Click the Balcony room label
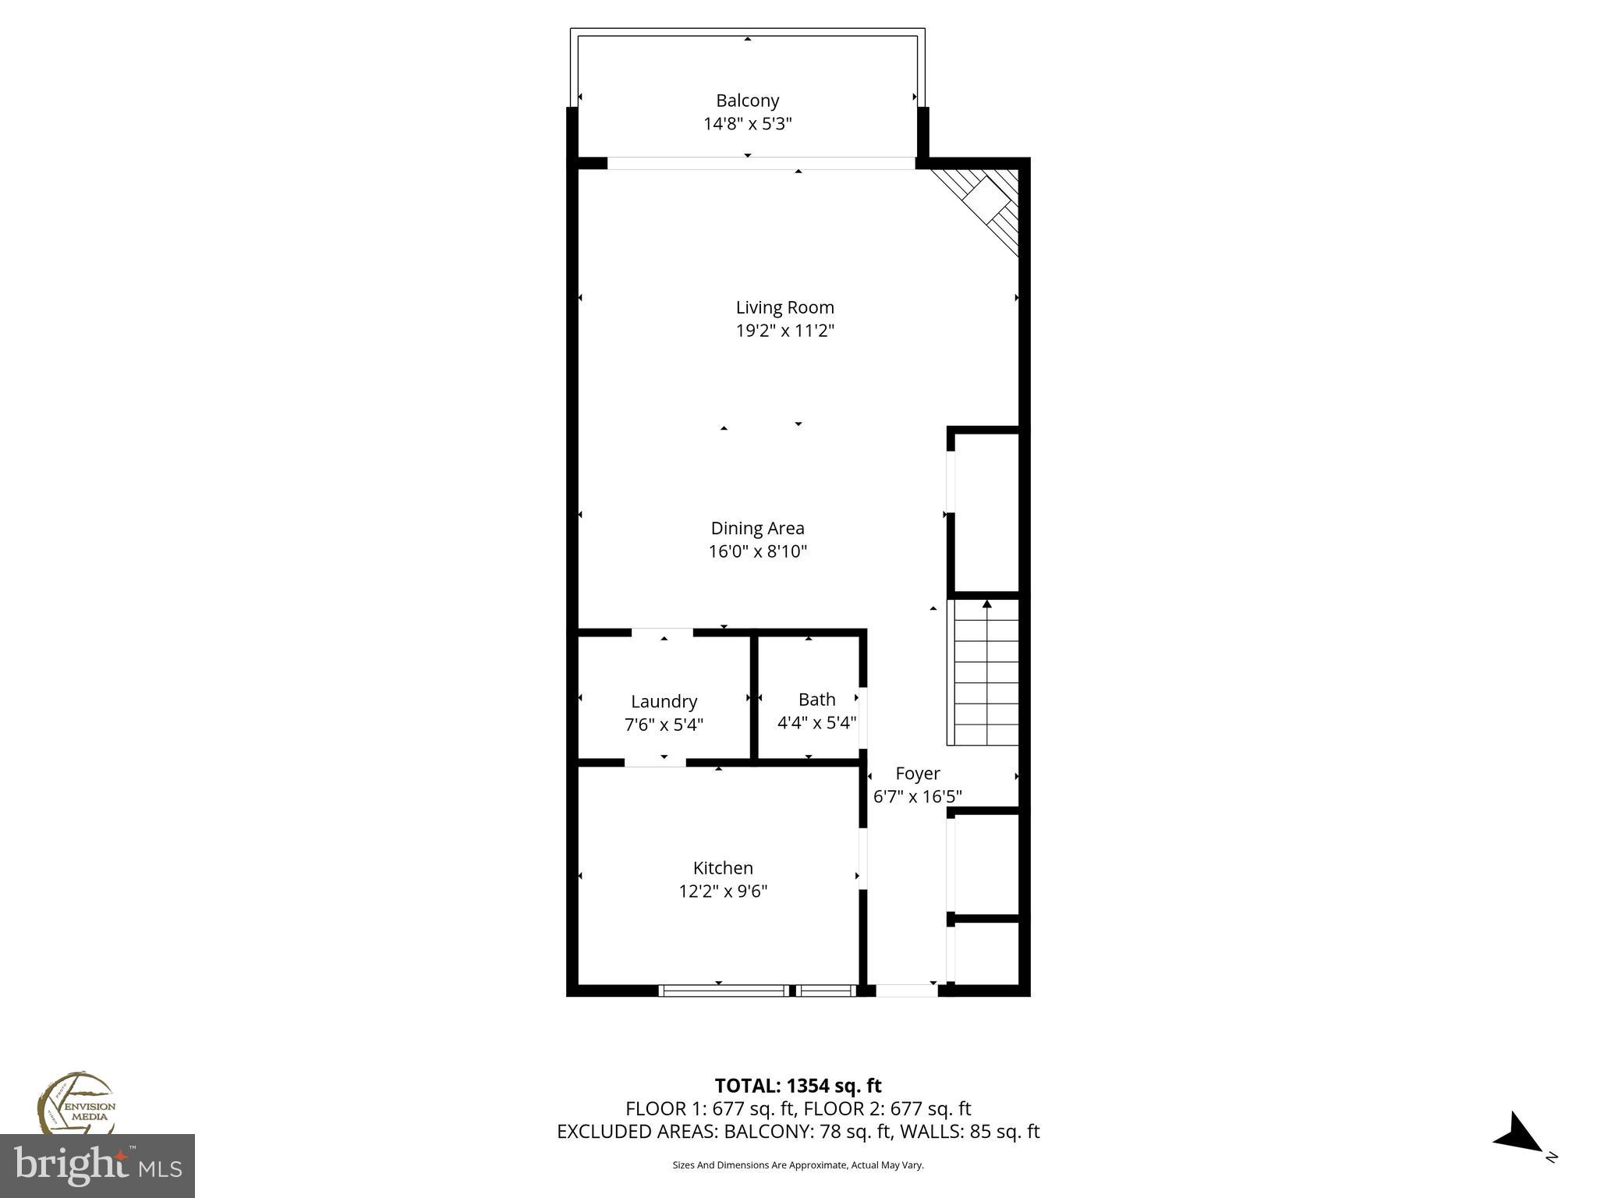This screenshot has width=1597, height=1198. tap(747, 101)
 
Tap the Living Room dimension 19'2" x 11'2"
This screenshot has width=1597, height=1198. tap(784, 331)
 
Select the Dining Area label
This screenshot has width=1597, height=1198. tap(757, 528)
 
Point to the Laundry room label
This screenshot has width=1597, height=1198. tap(664, 701)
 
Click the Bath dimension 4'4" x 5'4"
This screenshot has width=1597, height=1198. tap(816, 722)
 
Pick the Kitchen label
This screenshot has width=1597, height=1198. tap(723, 868)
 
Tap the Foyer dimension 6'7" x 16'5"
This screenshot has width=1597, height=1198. tap(917, 796)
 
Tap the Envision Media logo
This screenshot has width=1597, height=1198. tap(76, 1103)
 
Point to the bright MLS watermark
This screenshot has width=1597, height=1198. tap(97, 1166)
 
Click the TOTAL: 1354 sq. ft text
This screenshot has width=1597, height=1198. tap(798, 1086)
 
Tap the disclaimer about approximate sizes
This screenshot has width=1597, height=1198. tap(798, 1165)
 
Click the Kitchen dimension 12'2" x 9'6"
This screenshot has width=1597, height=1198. tap(723, 891)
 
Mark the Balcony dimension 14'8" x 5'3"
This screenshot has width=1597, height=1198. tap(747, 123)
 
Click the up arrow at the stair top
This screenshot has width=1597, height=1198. tap(986, 604)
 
